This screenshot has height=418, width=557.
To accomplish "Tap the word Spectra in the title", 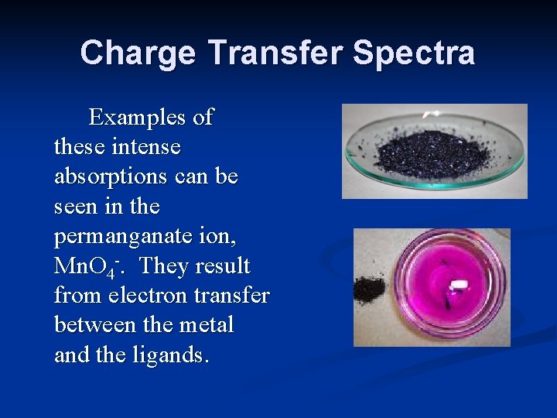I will coord(415,53).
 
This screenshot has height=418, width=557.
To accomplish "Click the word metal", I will coord(205,325).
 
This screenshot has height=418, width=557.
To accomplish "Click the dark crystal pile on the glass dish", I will coord(435,151).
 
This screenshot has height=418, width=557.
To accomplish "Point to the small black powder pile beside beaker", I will coord(366,290).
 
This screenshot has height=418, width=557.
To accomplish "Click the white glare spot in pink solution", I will coord(456,284).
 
